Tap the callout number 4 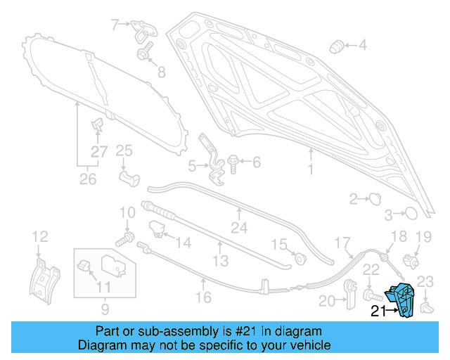363,46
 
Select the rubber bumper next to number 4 336,47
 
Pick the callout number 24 240,227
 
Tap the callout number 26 87,179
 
